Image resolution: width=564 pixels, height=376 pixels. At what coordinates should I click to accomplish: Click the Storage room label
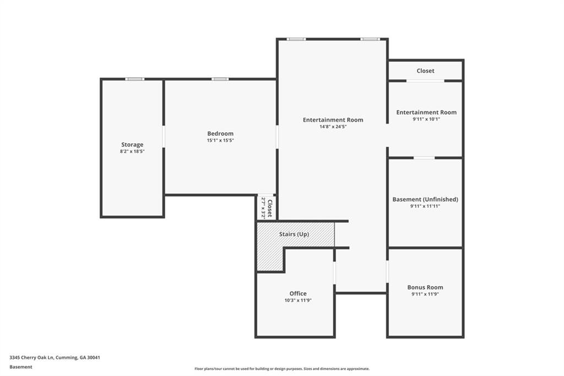tap(132, 144)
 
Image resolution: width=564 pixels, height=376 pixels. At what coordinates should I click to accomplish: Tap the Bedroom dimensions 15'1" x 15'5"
tap(220, 141)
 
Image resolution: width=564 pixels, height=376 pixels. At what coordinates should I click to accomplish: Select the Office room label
tap(298, 293)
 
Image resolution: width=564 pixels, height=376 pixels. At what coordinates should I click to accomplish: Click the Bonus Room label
tap(425, 287)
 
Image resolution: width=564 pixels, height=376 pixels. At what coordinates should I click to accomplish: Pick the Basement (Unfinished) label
tap(425, 199)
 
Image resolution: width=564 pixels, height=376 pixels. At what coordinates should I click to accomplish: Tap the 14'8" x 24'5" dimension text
tap(333, 127)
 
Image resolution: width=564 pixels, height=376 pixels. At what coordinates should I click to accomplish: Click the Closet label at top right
tap(425, 71)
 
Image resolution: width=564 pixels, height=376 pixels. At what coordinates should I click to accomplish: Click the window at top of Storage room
tap(134, 79)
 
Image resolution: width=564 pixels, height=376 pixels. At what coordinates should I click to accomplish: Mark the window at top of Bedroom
tap(220, 79)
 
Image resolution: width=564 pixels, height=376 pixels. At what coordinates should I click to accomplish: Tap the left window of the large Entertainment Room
tap(296, 39)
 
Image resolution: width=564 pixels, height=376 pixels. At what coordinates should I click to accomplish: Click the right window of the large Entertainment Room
tap(370, 39)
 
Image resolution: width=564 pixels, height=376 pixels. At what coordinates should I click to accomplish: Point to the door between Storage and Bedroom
tap(164, 136)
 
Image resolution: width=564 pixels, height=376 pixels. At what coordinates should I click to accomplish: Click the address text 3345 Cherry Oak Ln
tap(55, 357)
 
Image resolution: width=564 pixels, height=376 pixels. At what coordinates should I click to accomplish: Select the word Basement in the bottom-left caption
tap(20, 367)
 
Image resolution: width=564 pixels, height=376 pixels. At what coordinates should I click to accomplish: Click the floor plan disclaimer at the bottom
tap(281, 369)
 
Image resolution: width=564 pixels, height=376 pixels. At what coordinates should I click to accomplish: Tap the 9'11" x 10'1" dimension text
tap(426, 119)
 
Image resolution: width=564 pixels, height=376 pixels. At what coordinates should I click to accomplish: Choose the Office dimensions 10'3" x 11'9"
tap(298, 300)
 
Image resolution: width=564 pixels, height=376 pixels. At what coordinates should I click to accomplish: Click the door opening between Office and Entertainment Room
tap(334, 272)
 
